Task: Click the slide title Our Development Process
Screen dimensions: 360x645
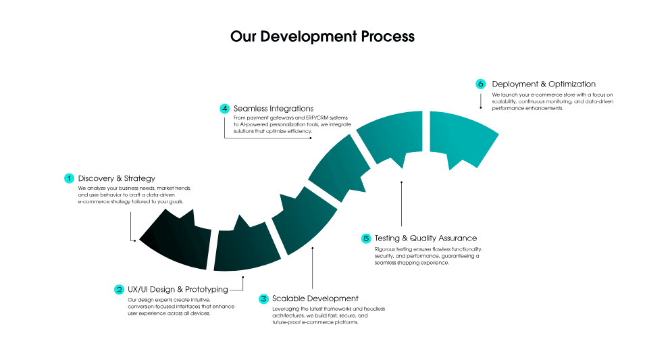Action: pyautogui.click(x=322, y=36)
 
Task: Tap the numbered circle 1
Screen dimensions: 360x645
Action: pyautogui.click(x=69, y=178)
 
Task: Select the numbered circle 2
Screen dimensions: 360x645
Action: pyautogui.click(x=119, y=289)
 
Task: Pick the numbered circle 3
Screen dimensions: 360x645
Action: pyautogui.click(x=263, y=299)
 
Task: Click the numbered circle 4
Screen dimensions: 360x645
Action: pyautogui.click(x=225, y=108)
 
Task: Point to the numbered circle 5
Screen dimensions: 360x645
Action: pyautogui.click(x=366, y=238)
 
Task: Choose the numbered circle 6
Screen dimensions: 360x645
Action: pyautogui.click(x=481, y=84)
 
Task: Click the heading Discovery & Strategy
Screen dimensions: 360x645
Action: pyautogui.click(x=116, y=178)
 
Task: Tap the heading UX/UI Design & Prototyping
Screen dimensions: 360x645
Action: pyautogui.click(x=178, y=289)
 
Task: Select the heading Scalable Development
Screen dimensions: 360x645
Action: pyautogui.click(x=315, y=299)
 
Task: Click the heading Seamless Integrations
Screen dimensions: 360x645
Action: pyautogui.click(x=274, y=108)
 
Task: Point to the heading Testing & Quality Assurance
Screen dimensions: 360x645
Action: pyautogui.click(x=425, y=238)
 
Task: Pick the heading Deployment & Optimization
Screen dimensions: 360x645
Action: pyautogui.click(x=544, y=84)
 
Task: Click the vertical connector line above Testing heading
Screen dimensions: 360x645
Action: pyautogui.click(x=401, y=203)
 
